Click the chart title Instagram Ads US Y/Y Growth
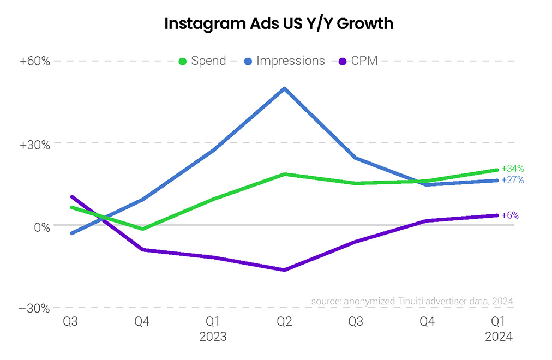coord(279,24)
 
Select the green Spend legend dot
coord(183,61)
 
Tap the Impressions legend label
coord(290,61)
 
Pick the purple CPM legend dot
coord(343,61)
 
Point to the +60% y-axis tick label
coord(35,61)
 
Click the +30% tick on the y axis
coord(35,144)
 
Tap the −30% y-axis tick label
coord(35,309)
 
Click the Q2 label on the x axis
coord(284,322)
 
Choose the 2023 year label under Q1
coord(213,337)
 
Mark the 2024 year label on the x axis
coord(499,337)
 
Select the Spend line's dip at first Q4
coord(142,229)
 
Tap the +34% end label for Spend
coord(512,169)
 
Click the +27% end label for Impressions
coord(512,180)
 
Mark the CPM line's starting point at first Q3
coord(71,196)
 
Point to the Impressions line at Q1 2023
coord(213,151)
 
